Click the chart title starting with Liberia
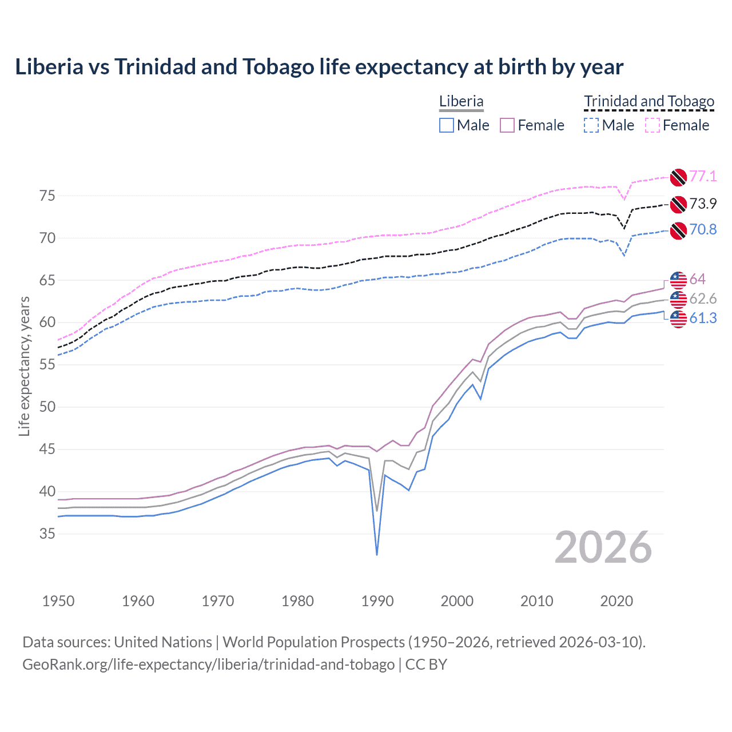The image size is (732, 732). pos(319,67)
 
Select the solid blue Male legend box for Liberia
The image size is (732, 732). pos(447,125)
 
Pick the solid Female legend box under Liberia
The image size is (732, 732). pos(508,125)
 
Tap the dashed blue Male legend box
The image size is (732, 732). pos(591,125)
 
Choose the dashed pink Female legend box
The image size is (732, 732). pos(653,125)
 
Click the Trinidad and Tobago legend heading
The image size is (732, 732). pos(649,102)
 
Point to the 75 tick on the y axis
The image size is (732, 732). pos(47,196)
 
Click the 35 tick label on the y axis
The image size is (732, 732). pos(47,534)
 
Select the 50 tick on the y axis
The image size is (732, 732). pos(47,407)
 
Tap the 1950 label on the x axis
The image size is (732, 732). pos(58,601)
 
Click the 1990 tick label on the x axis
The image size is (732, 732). pos(377,601)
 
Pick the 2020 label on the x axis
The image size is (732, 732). pos(616,601)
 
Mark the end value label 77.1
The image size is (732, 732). pos(703,176)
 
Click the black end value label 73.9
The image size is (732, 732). pos(703,204)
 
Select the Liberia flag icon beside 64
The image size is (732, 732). pos(678,280)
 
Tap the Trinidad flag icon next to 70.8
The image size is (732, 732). pos(678,230)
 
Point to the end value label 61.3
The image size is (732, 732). pos(703,319)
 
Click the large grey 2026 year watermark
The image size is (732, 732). pos(603,548)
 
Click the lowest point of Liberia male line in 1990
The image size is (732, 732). pos(377,554)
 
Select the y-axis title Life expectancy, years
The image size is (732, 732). pos(25,366)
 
